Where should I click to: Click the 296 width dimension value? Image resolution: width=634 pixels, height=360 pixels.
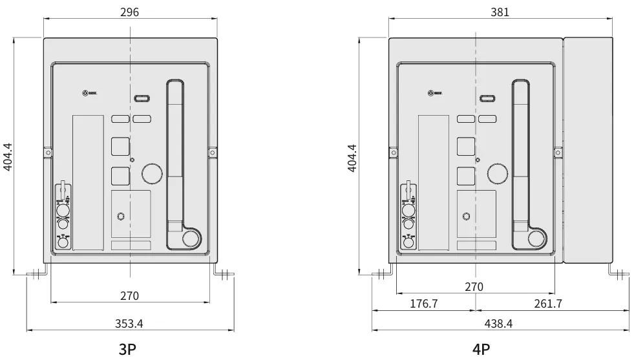tap(130, 12)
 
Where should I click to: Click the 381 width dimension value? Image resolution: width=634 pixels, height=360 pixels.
tap(500, 12)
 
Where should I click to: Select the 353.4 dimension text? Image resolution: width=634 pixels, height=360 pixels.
tap(130, 323)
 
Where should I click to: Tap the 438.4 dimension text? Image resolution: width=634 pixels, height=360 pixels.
tap(500, 323)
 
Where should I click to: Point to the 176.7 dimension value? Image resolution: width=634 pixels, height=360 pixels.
tap(424, 304)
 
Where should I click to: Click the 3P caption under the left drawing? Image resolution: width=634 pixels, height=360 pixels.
tap(128, 349)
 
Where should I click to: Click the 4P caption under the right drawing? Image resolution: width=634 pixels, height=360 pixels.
tap(481, 349)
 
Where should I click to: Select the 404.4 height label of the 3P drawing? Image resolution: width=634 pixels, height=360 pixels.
tap(7, 157)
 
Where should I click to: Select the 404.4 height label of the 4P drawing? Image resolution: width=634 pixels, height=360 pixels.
tap(352, 157)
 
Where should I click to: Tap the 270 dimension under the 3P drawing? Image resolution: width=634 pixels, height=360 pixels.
tap(130, 295)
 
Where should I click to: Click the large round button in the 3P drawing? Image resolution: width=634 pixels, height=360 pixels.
tap(153, 173)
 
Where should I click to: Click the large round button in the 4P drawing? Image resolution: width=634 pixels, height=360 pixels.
tap(498, 173)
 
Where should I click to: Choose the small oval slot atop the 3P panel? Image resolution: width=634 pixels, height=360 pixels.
tap(142, 99)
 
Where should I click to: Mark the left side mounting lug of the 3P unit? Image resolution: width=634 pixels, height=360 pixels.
tap(47, 153)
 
